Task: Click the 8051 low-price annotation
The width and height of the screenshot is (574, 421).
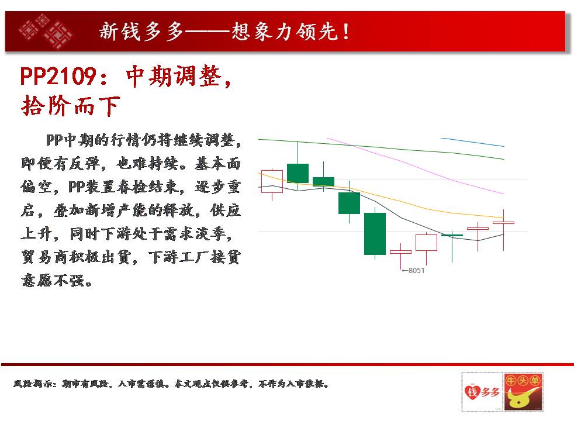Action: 413,271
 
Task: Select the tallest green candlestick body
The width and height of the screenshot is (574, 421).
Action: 375,233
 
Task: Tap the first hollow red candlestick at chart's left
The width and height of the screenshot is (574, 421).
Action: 272,181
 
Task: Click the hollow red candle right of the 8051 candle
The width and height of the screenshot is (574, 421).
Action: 427,242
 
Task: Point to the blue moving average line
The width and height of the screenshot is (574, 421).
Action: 472,142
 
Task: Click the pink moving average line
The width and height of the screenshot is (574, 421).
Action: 416,166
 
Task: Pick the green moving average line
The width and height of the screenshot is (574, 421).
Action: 381,149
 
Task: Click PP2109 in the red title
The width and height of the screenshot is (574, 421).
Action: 58,76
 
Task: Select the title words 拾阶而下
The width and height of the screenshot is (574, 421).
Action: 71,106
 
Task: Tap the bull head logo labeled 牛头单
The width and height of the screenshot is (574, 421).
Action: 523,392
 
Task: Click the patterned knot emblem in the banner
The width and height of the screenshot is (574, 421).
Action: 46,31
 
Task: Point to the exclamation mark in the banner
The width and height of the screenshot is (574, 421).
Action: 345,32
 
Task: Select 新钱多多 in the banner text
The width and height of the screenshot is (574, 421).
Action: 141,31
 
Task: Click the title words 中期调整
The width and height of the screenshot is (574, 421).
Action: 174,76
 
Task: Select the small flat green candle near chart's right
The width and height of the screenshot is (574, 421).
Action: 452,235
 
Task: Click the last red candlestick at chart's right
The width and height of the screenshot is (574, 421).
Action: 504,230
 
